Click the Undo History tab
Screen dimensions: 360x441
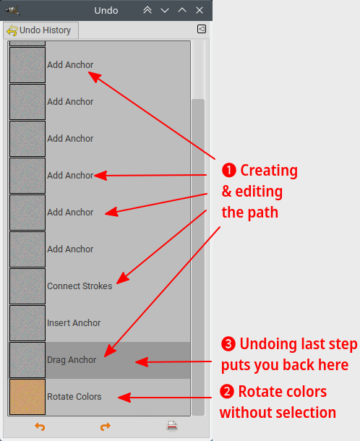[40, 30]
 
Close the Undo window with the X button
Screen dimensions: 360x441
[200, 10]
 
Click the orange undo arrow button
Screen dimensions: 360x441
[40, 427]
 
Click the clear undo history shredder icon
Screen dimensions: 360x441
[172, 426]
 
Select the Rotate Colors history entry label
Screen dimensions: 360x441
[74, 397]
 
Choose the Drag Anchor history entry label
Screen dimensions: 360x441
[72, 360]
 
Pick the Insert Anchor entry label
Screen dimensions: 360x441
[74, 323]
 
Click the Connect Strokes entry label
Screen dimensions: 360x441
[80, 286]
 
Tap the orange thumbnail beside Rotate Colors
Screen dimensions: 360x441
[27, 397]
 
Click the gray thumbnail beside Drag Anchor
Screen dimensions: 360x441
[27, 360]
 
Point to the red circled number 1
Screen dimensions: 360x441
[229, 171]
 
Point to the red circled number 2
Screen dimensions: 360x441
[227, 392]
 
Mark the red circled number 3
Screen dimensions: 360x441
[228, 344]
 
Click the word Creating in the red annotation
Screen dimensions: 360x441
[269, 171]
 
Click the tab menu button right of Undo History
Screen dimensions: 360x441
[202, 29]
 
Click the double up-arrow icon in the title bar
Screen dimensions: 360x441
[147, 10]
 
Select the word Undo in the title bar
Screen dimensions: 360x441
[106, 10]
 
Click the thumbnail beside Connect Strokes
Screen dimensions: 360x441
[27, 286]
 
